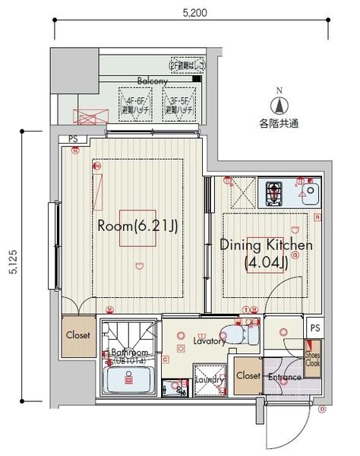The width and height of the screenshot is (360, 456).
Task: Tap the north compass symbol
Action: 279,106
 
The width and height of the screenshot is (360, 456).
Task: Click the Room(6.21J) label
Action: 137,226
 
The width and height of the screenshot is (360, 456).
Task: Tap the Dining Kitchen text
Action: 266,245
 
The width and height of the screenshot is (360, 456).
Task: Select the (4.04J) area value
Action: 265,264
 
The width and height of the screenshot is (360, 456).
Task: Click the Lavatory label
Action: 208,341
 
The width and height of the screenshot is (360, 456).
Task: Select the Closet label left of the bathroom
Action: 77,335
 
